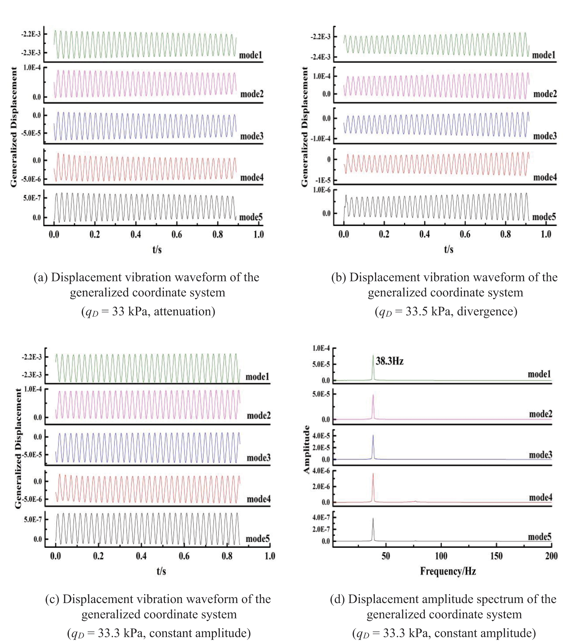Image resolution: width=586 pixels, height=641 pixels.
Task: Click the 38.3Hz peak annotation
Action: pos(389,361)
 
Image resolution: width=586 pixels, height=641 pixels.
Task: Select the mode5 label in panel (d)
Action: pos(540,537)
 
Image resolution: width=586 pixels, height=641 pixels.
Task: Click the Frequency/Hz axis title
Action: pos(448,571)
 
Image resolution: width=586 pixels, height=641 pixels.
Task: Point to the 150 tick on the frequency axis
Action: pos(496,556)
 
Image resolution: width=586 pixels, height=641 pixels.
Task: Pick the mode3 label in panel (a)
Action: pos(252,136)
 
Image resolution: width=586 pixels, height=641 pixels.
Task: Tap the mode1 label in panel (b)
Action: pos(544,55)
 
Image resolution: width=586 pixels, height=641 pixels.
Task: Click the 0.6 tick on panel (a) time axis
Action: pos(177,235)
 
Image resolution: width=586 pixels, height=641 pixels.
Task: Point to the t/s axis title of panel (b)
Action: pos(449,249)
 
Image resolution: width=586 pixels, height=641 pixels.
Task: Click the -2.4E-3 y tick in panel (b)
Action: pos(320,57)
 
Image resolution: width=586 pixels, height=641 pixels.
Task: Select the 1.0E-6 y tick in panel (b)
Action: pos(322,190)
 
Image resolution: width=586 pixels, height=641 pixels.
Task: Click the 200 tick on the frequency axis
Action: pos(551,556)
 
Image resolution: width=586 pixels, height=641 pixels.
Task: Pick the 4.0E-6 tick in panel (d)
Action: pos(321,471)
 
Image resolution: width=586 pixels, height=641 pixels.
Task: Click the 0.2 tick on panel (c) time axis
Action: pos(98,556)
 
